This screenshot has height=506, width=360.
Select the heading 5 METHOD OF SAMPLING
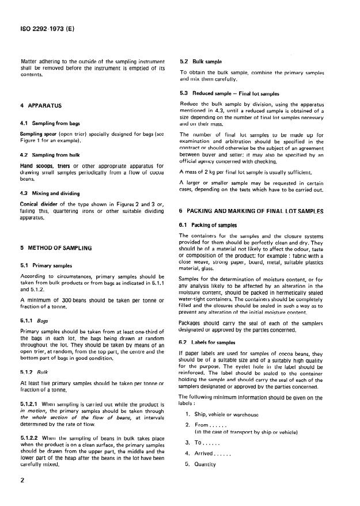tap(56, 248)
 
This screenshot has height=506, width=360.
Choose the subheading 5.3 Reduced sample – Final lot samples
tap(229, 93)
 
